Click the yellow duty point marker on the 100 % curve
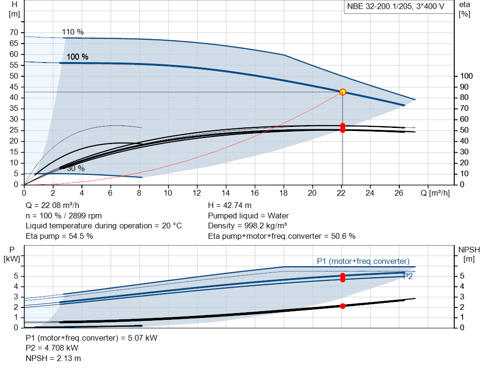(342, 92)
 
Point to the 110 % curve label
(72, 32)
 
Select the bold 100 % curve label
(77, 57)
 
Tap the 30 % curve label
(75, 169)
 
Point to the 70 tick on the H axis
(14, 33)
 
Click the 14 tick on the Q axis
(226, 193)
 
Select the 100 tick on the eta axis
(467, 76)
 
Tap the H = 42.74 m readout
(230, 206)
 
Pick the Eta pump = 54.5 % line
(59, 236)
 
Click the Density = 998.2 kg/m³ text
(248, 226)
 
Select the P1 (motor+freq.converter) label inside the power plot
(363, 261)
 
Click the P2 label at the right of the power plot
(408, 277)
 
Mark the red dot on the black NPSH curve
(342, 306)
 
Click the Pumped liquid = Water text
(248, 216)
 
